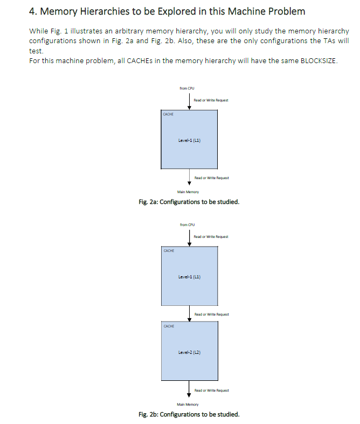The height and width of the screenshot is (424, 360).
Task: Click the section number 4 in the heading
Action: coord(32,11)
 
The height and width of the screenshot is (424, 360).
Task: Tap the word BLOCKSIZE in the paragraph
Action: coord(318,61)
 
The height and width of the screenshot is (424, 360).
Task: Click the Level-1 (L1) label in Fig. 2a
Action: coord(189,140)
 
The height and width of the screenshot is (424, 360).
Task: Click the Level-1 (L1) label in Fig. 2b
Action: coord(189,277)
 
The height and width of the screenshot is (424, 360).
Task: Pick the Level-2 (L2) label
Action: coord(189,352)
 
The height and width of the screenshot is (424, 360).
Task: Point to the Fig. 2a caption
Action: coord(189,202)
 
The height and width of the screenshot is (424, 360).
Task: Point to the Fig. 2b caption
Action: coord(189,414)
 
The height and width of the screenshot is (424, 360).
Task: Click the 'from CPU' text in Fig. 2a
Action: coord(187,88)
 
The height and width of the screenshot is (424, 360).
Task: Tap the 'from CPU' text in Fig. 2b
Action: coord(187,224)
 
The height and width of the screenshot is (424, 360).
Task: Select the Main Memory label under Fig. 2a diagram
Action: coord(188,192)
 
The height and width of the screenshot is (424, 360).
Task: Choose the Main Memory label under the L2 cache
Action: coord(188,404)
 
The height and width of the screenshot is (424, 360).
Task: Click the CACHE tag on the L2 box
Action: coord(169,326)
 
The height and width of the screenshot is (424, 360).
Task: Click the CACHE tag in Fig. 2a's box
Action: coord(169,114)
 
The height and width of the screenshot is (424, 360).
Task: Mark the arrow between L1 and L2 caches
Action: coord(189,313)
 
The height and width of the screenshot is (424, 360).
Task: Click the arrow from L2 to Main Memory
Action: coord(189,389)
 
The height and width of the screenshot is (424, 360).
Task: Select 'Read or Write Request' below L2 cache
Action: coord(211,390)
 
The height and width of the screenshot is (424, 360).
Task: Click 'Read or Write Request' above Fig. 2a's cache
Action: coord(210,100)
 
